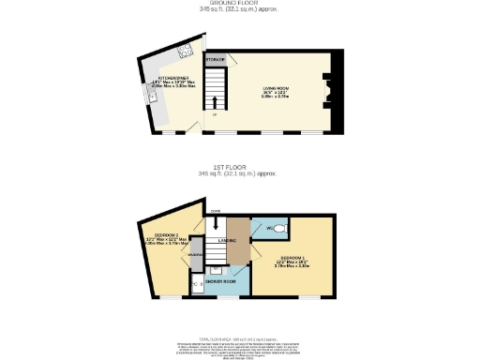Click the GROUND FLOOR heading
pos(239,3)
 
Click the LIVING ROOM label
pos(275,89)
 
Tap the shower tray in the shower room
pos(199,284)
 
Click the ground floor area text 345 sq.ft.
pos(239,9)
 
